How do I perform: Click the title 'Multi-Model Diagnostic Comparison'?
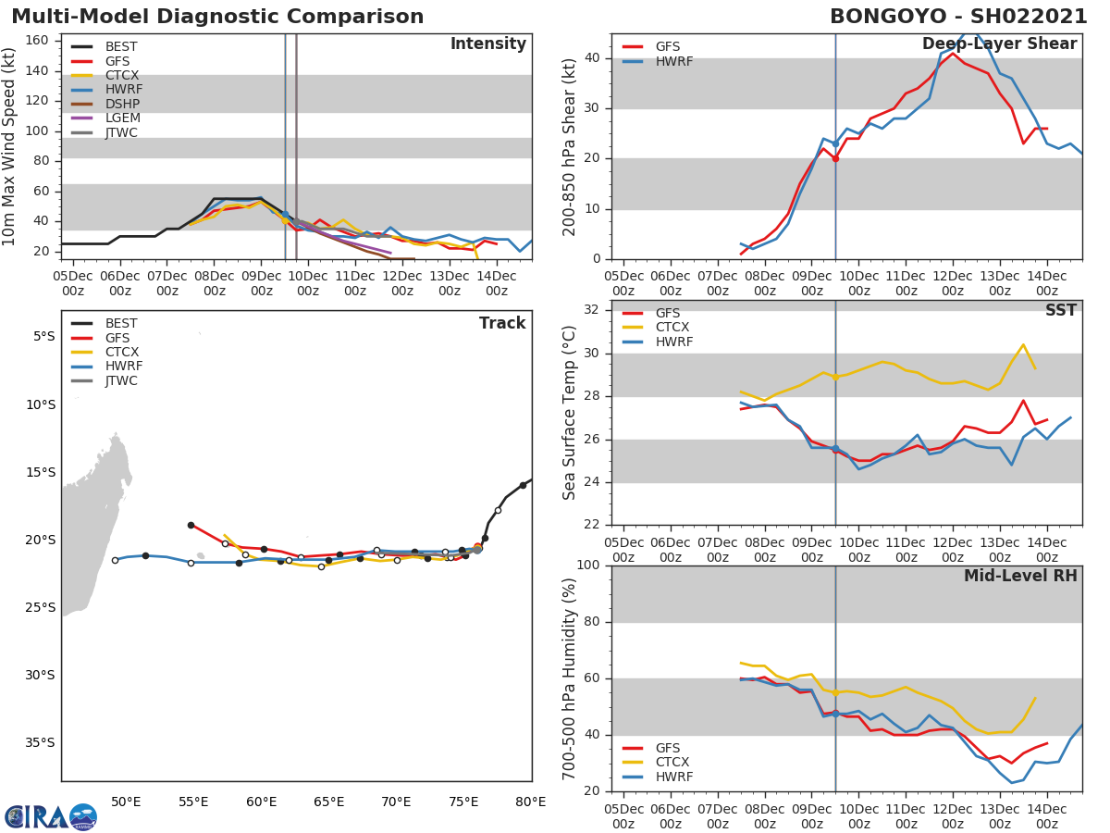coord(217,17)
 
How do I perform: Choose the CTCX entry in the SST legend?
coord(672,328)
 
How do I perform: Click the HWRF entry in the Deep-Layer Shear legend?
coord(673,61)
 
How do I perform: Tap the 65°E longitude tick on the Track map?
coord(328,802)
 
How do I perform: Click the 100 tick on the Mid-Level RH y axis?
coord(589,566)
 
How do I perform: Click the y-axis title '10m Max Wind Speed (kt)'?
coord(10,146)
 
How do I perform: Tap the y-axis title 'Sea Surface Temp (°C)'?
coord(570,413)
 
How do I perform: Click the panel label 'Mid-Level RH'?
coord(1020,577)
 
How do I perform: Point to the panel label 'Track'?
coord(502,323)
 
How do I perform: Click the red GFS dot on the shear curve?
coord(835,158)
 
